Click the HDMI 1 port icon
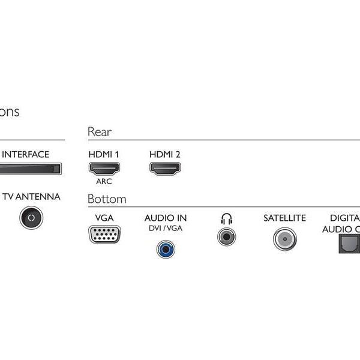click(x=104, y=169)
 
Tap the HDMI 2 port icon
click(x=165, y=169)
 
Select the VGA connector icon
click(x=104, y=233)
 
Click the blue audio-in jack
click(x=166, y=247)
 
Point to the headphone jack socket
click(x=226, y=236)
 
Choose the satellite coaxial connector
click(x=284, y=239)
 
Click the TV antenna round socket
click(x=31, y=217)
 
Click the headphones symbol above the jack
click(x=226, y=218)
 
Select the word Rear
click(x=99, y=132)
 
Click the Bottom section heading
click(x=107, y=199)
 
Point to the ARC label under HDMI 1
click(x=104, y=181)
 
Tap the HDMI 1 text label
click(x=104, y=154)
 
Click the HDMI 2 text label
click(x=165, y=154)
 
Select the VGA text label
click(x=104, y=218)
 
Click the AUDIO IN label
click(x=166, y=218)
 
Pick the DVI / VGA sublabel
click(x=166, y=229)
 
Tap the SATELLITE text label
click(x=284, y=218)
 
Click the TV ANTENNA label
click(x=31, y=197)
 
